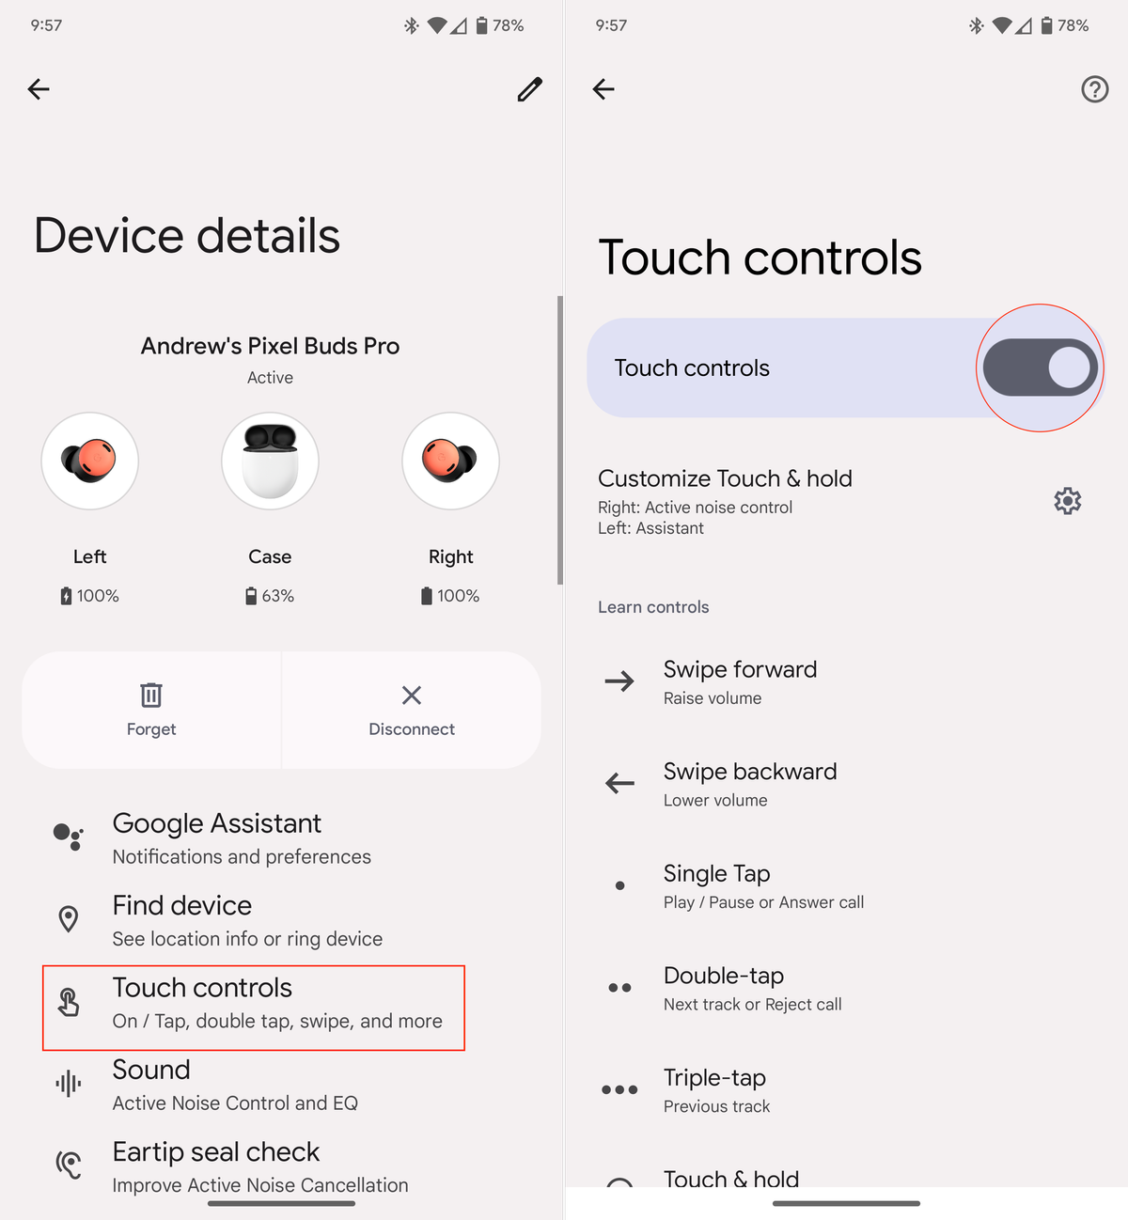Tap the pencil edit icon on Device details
(x=529, y=89)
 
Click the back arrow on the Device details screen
(x=39, y=89)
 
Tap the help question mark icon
(x=1094, y=89)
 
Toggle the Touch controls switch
(x=1040, y=368)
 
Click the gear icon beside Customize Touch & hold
(x=1067, y=501)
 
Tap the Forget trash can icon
(x=151, y=696)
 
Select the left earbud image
(x=90, y=461)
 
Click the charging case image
(x=270, y=461)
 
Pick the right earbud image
(x=450, y=461)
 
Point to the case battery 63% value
(x=277, y=596)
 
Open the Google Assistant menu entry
(x=217, y=824)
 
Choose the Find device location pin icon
(x=69, y=919)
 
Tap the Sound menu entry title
(x=151, y=1071)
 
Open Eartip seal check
(x=216, y=1152)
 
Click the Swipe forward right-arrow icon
(x=619, y=681)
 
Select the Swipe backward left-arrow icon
(x=619, y=783)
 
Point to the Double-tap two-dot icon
(x=619, y=988)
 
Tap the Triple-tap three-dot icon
(x=619, y=1090)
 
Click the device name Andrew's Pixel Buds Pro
(x=270, y=347)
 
